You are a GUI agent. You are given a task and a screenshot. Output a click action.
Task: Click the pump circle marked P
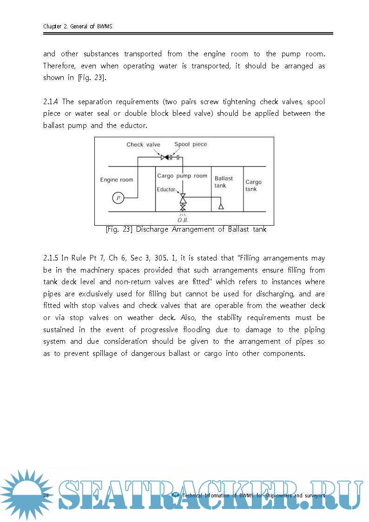tap(118, 198)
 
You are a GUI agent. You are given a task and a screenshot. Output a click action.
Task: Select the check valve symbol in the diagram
tap(165, 157)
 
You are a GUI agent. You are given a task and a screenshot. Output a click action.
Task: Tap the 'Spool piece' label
tap(191, 144)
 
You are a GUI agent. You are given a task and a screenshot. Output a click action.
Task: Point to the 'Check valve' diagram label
tap(143, 144)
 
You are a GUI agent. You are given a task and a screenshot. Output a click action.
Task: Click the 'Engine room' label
tap(117, 180)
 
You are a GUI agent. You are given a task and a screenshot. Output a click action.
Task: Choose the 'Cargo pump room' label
tap(182, 176)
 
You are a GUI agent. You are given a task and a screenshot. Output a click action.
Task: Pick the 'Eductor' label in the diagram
tap(166, 189)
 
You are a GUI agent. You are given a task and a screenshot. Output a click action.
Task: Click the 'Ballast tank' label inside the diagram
tap(224, 182)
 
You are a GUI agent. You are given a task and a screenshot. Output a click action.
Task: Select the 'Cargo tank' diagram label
tap(253, 186)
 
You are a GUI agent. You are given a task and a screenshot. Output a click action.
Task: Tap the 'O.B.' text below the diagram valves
tap(183, 220)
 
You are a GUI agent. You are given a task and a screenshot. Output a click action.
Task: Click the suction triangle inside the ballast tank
tap(221, 206)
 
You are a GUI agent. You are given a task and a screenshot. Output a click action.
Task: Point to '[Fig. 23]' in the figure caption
tap(119, 229)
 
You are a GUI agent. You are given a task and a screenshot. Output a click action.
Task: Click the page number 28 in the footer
tap(46, 495)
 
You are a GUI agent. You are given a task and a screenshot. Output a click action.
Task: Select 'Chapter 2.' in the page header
tap(55, 27)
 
